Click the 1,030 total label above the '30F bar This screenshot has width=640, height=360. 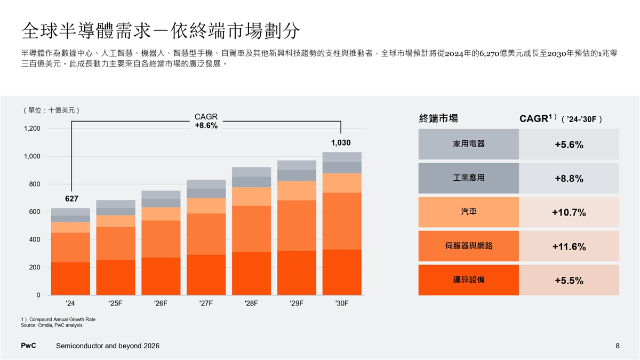(x=341, y=143)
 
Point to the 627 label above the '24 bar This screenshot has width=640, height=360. (x=71, y=199)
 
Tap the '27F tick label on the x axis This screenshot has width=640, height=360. (x=205, y=303)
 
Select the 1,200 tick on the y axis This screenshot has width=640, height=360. (x=31, y=129)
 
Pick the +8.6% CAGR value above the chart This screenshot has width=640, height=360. (x=206, y=126)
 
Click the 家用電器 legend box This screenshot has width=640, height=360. (x=468, y=145)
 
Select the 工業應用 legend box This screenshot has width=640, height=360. (x=468, y=178)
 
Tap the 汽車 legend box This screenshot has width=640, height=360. (x=468, y=212)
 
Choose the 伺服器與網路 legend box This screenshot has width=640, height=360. (x=468, y=246)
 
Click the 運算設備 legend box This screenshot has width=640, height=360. (x=468, y=280)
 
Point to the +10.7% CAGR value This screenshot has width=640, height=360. (x=569, y=213)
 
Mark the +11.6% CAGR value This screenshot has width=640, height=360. (x=569, y=247)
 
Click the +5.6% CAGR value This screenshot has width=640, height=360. (x=569, y=145)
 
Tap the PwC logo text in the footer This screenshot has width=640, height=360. (x=28, y=346)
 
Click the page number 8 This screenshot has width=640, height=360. (x=618, y=346)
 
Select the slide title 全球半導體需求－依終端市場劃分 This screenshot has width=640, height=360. (x=161, y=31)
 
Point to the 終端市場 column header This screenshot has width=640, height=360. (x=438, y=118)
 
